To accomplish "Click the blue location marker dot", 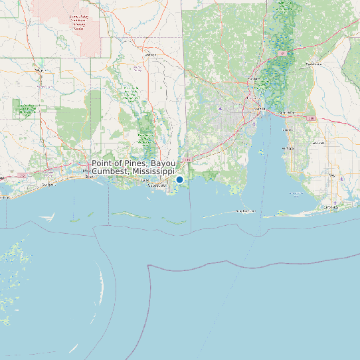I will [x=179, y=179].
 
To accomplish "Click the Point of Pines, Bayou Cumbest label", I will [x=134, y=167].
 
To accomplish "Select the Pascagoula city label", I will [x=157, y=186].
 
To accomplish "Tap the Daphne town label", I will [x=287, y=130].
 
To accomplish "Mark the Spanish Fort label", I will [x=288, y=113].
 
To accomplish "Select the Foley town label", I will [x=332, y=175].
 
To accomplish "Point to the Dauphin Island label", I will [x=245, y=211].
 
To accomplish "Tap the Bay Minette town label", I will [x=312, y=64].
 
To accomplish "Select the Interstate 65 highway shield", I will [x=283, y=53].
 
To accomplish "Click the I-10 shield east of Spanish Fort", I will [x=312, y=118].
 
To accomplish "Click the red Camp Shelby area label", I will [x=79, y=23].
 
